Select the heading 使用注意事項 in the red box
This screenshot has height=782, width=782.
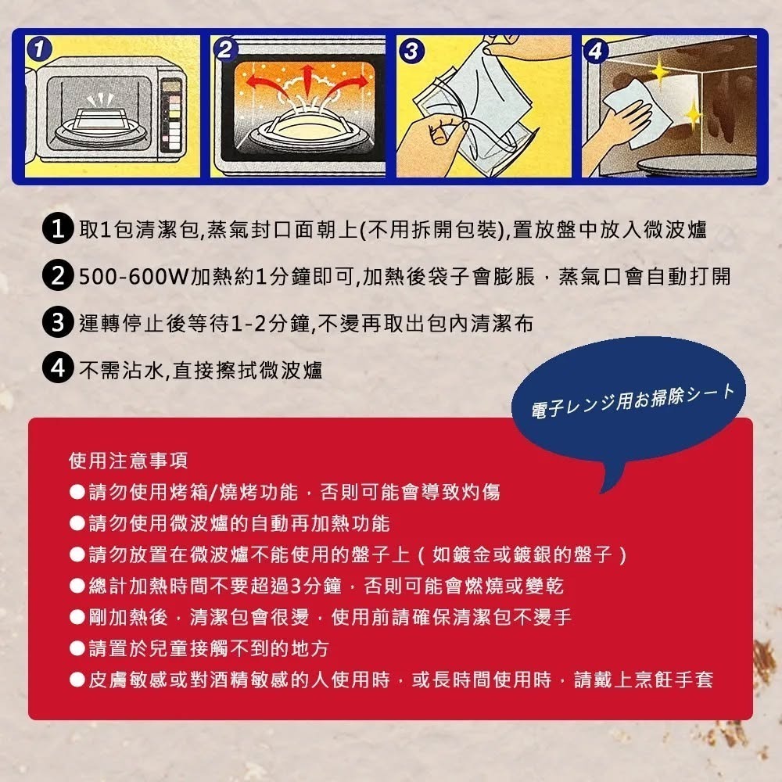point(129,461)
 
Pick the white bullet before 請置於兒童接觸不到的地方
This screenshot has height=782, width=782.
point(77,648)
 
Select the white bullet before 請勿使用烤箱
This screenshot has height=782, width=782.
point(77,492)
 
